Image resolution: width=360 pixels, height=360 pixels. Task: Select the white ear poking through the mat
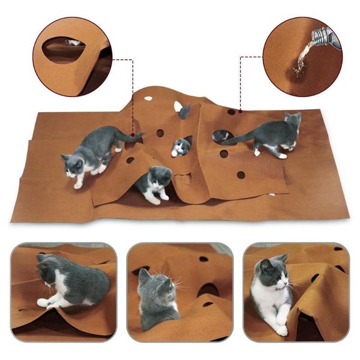click(x=178, y=107)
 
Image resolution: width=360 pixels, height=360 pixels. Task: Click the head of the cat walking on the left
click(x=73, y=165)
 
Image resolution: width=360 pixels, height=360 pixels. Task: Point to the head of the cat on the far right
click(x=292, y=121)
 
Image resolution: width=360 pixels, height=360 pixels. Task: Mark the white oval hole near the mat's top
click(x=148, y=97)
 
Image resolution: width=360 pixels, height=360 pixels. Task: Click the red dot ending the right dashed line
click(x=240, y=110)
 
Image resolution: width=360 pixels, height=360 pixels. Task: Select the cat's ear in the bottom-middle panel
click(x=145, y=275)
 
